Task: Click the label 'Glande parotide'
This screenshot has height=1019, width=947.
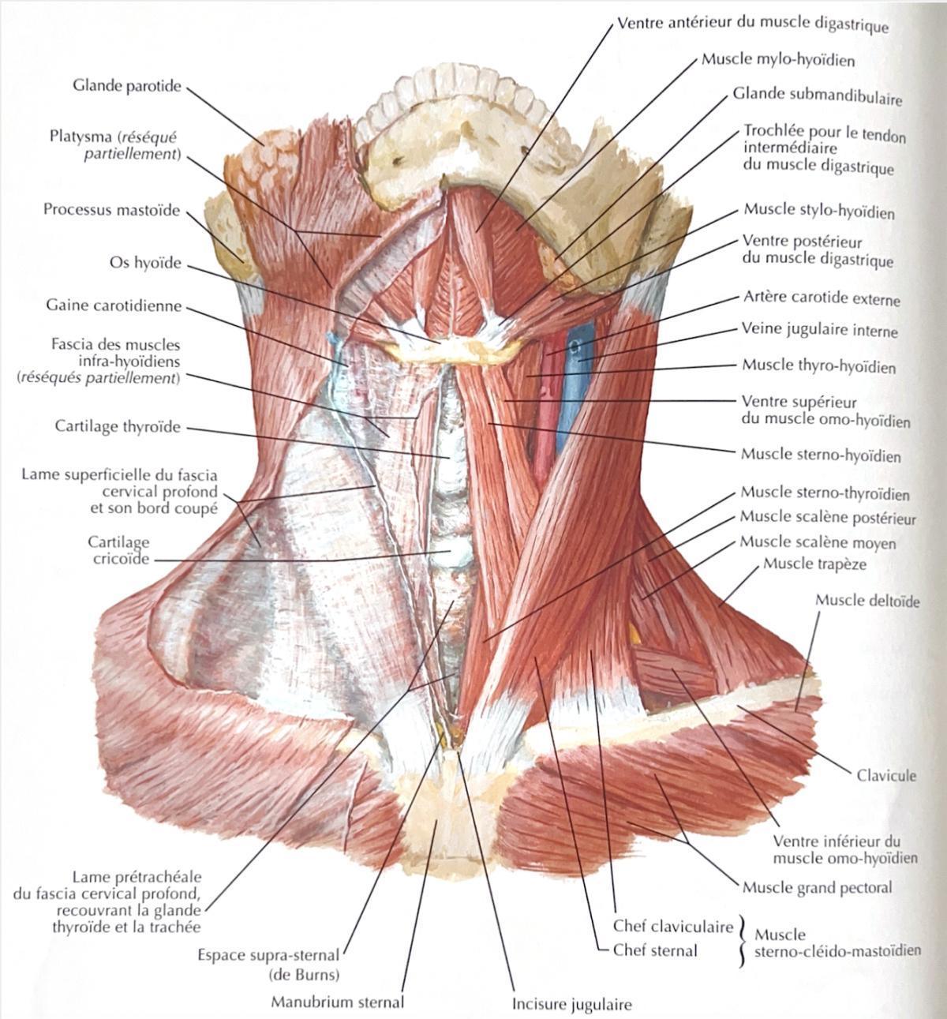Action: [127, 86]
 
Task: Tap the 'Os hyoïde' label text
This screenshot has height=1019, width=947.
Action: [145, 263]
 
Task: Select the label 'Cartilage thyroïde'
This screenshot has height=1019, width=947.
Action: [118, 426]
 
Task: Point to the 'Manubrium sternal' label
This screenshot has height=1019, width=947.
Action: [338, 1002]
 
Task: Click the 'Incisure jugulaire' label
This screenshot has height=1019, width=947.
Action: [572, 1003]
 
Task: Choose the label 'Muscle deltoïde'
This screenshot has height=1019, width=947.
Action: [867, 601]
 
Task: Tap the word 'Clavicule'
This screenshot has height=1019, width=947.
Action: [886, 775]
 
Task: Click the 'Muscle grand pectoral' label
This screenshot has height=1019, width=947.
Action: [818, 887]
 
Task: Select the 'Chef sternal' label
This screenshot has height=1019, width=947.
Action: [655, 950]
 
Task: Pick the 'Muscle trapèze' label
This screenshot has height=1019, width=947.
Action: [814, 564]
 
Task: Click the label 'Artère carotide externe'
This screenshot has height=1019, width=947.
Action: [822, 298]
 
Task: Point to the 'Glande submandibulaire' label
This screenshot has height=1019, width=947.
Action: [817, 96]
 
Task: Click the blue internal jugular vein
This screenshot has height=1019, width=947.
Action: [574, 390]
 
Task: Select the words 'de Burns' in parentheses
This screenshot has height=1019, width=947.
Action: [304, 974]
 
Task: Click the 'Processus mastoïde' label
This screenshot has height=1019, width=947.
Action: [111, 211]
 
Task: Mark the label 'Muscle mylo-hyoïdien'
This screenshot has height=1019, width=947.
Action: [778, 60]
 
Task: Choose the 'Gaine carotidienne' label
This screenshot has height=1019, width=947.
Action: [114, 305]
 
